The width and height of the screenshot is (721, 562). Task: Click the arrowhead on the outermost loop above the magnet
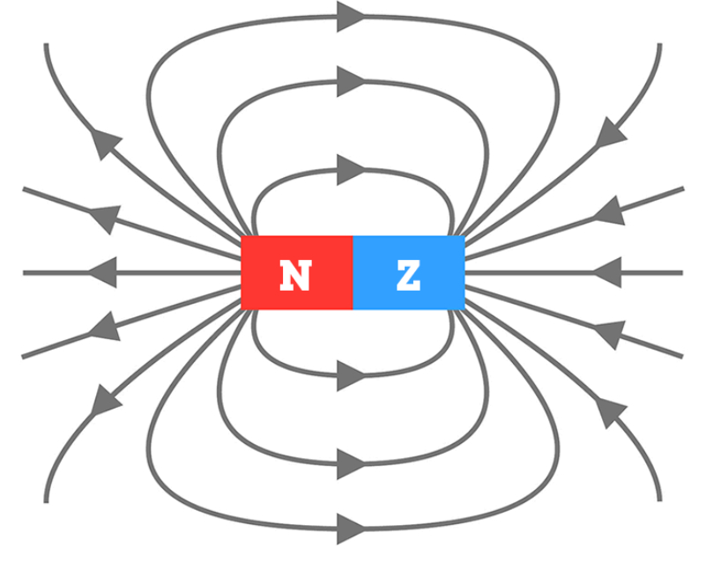coord(350,16)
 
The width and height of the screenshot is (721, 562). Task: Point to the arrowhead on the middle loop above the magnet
coord(350,81)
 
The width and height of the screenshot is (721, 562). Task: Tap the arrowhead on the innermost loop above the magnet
coord(350,169)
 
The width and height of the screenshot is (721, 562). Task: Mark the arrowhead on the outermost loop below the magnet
coord(350,529)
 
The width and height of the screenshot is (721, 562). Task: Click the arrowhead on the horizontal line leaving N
coord(102,272)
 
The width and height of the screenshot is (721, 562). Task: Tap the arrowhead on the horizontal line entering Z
coord(607,272)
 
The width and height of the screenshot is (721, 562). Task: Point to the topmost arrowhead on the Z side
coord(611,134)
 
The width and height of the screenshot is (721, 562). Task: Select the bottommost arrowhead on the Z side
coord(611,410)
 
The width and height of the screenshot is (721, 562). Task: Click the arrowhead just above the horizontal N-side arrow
coord(105,216)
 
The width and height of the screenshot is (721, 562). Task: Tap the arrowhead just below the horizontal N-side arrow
coord(105,328)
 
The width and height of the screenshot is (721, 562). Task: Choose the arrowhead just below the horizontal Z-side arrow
coord(609,333)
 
